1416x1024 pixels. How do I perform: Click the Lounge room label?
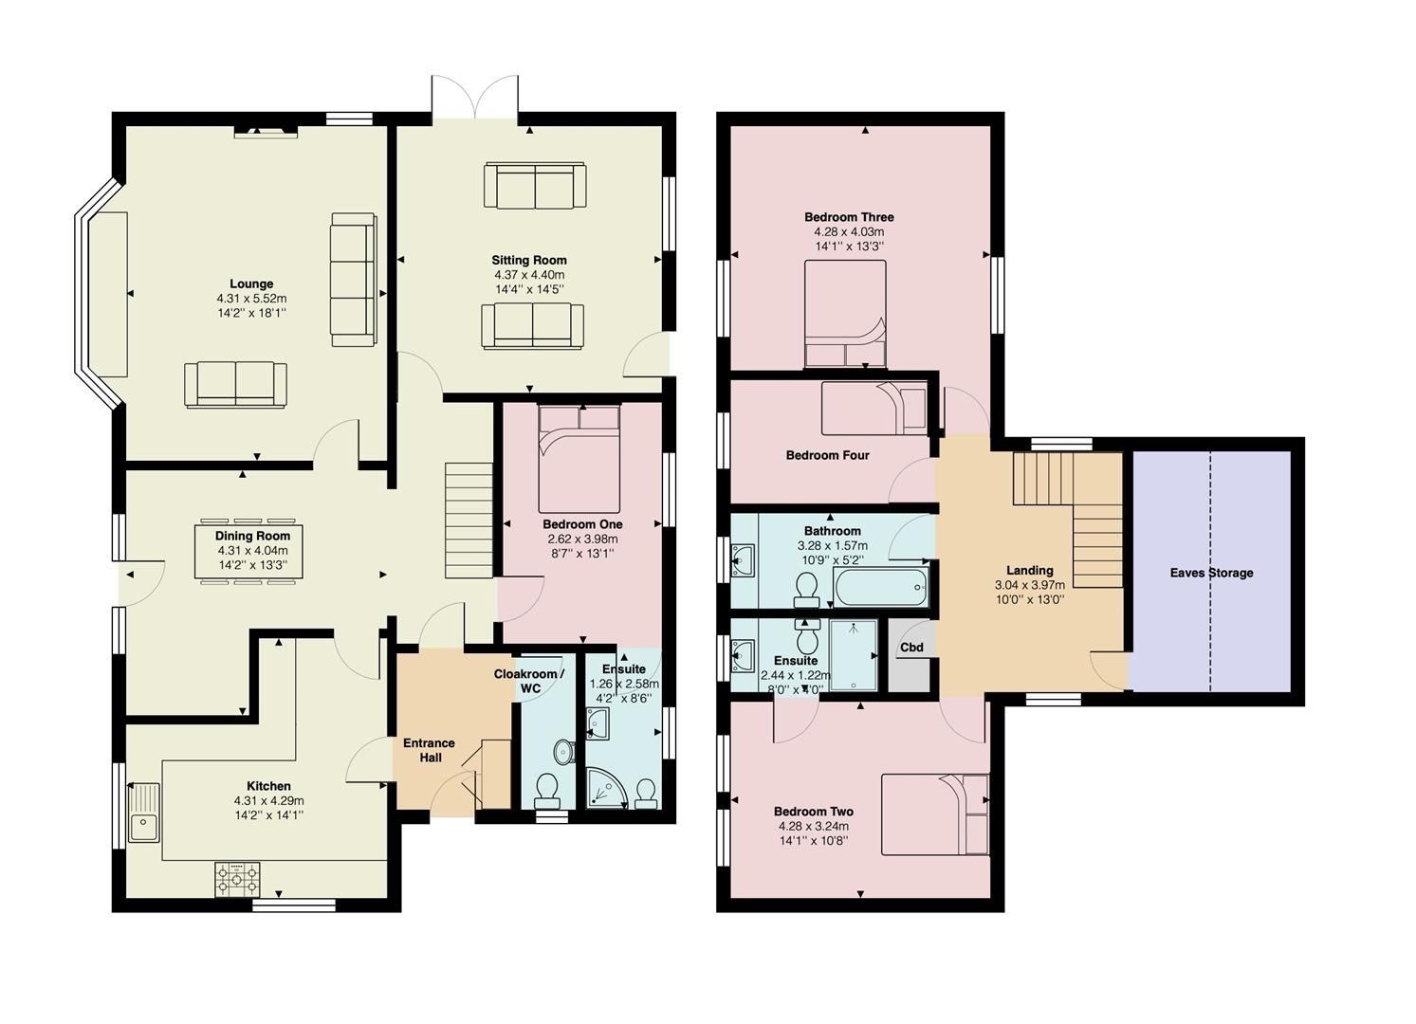click(251, 283)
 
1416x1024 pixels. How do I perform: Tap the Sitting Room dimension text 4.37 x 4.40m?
click(528, 275)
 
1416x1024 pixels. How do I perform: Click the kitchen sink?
click(144, 814)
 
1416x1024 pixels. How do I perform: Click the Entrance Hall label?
click(429, 750)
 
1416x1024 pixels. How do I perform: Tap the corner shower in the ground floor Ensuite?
click(604, 788)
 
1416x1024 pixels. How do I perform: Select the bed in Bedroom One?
click(579, 459)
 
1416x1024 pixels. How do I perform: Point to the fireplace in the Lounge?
click(266, 130)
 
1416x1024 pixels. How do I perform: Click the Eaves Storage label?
click(1211, 573)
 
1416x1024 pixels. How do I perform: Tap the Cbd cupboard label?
click(911, 648)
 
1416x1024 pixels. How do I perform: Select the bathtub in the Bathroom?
click(879, 587)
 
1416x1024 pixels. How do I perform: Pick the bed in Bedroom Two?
click(935, 814)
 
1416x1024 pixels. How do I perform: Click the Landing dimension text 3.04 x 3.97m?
click(1029, 585)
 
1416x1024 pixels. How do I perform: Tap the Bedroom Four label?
click(827, 455)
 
